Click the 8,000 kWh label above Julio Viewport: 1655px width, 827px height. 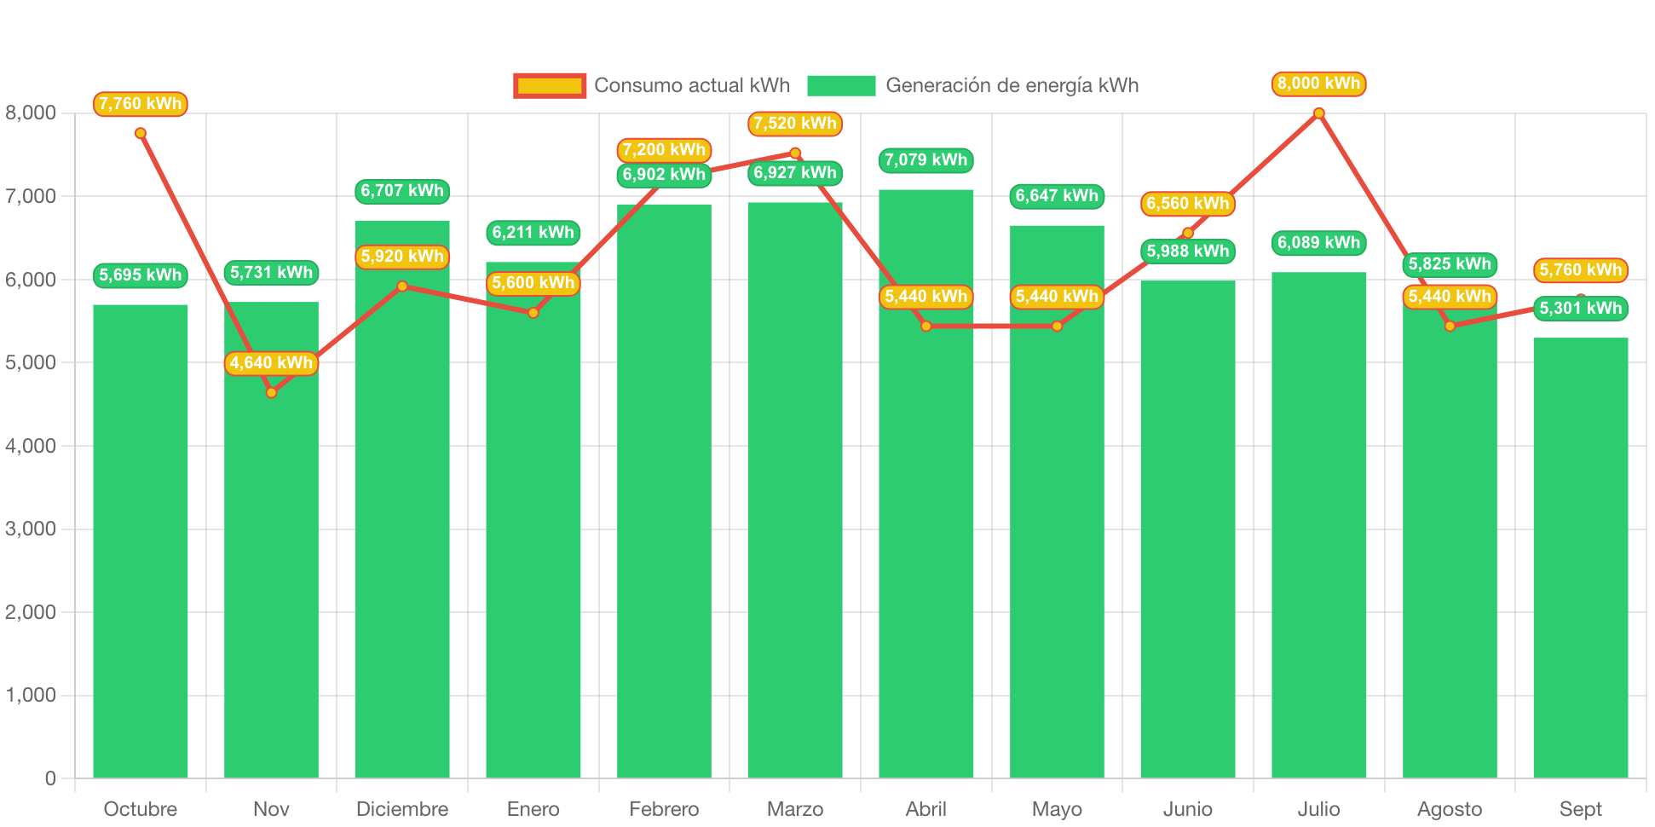click(x=1318, y=84)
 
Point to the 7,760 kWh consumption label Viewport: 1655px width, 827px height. click(x=141, y=104)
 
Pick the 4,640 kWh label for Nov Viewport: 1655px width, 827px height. click(x=271, y=363)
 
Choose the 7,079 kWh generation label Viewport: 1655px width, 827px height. click(x=926, y=160)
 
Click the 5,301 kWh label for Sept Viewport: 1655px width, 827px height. click(x=1580, y=309)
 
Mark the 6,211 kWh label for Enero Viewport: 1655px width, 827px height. click(x=533, y=233)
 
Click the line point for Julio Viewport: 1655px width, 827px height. click(x=1318, y=113)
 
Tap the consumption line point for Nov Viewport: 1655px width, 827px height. click(x=271, y=393)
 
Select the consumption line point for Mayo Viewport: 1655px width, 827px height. click(x=1057, y=327)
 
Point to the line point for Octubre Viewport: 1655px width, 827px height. click(x=141, y=133)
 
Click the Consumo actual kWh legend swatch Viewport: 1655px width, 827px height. click(x=550, y=85)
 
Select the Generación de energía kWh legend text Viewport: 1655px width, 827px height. click(x=1012, y=85)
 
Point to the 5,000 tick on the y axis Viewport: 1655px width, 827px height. click(x=31, y=362)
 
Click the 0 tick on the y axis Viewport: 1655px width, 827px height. click(x=50, y=778)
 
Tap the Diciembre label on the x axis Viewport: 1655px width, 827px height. click(x=402, y=809)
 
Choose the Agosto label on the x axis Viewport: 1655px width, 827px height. click(x=1449, y=809)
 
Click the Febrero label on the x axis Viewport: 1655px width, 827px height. click(x=664, y=809)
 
